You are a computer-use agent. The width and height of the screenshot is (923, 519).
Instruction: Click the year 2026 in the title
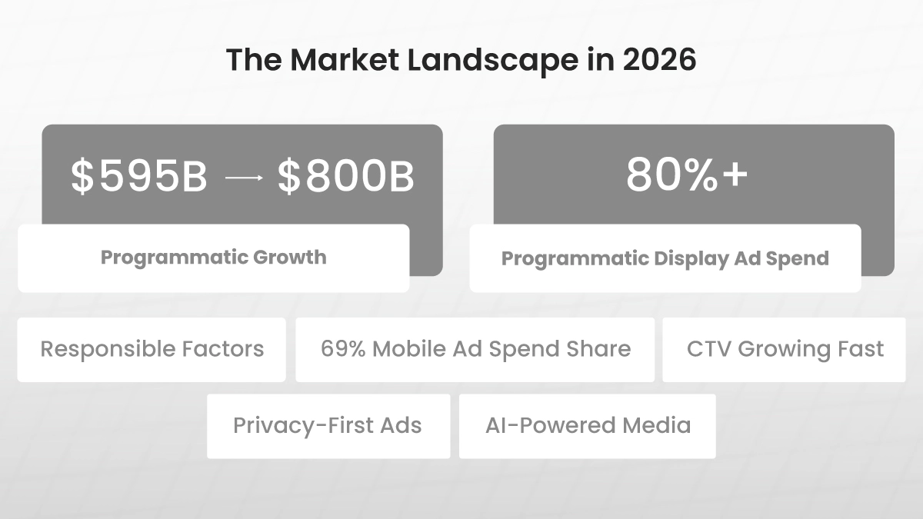(x=659, y=60)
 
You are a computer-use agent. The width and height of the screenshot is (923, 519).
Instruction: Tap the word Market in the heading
(x=345, y=60)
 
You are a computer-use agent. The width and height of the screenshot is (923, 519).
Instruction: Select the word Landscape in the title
(x=493, y=62)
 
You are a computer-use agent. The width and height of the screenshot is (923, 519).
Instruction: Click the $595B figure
(x=138, y=176)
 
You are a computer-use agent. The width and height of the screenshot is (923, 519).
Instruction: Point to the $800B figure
(x=345, y=176)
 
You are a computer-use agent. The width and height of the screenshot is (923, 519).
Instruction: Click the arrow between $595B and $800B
(x=244, y=178)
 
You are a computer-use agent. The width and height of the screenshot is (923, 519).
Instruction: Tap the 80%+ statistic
(x=687, y=175)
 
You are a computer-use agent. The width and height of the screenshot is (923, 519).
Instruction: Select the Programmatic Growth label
(x=214, y=258)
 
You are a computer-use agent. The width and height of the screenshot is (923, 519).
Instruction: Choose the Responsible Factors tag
(x=152, y=350)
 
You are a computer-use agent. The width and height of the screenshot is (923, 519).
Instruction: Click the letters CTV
(x=708, y=349)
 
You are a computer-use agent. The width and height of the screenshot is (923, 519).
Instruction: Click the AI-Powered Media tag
(x=587, y=426)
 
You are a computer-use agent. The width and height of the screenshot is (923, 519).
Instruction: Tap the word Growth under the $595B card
(x=290, y=258)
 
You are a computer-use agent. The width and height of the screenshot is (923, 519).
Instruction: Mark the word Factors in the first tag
(x=223, y=349)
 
